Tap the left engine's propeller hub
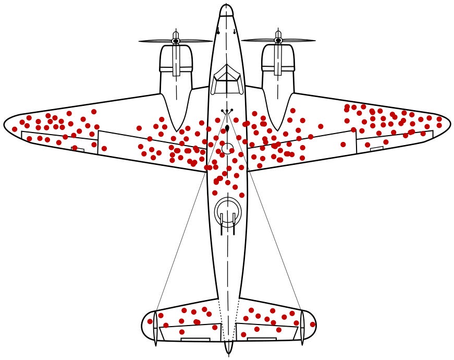[x=176, y=41]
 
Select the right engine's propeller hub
[x=278, y=40]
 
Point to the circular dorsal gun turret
[x=228, y=211]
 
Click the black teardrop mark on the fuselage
[x=227, y=128]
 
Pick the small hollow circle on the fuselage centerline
[x=227, y=148]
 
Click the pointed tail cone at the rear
[x=228, y=349]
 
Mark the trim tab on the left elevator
[x=195, y=339]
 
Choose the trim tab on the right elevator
[x=261, y=339]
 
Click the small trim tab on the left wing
[x=78, y=149]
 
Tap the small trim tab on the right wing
[x=376, y=149]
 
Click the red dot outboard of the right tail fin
[x=313, y=325]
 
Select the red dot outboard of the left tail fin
[x=150, y=321]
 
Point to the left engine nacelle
[x=176, y=78]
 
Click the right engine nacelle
[x=278, y=78]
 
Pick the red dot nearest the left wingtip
[x=15, y=129]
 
